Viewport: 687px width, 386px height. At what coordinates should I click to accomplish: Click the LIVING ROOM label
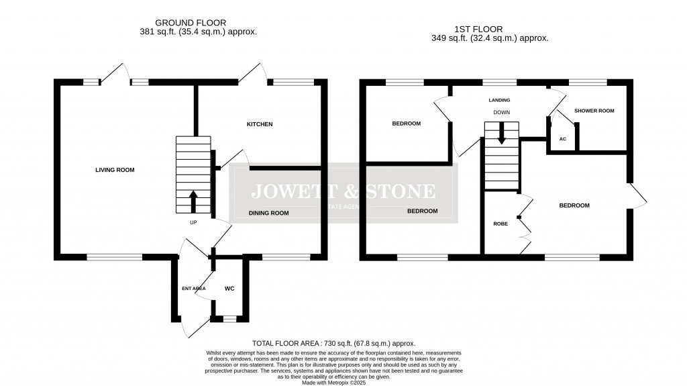point(115,171)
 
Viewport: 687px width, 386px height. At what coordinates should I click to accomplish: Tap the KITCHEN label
point(260,125)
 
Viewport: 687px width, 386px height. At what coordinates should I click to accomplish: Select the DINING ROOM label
point(268,213)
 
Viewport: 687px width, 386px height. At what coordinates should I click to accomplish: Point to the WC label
point(229,289)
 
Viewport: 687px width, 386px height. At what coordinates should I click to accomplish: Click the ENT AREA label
point(193,289)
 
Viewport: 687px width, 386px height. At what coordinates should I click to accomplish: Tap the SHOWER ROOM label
point(594,111)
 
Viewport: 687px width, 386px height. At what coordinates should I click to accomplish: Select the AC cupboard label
point(562,139)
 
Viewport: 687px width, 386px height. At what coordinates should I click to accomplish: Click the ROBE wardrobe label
point(500,224)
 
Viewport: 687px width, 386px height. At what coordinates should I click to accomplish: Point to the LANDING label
point(498,99)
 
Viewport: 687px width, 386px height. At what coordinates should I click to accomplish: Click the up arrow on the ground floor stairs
point(194,199)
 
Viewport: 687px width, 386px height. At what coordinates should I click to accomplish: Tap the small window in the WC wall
point(229,320)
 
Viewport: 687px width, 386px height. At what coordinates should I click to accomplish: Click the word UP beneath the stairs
point(193,222)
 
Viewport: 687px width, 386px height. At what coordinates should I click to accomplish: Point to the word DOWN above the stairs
point(502,113)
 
